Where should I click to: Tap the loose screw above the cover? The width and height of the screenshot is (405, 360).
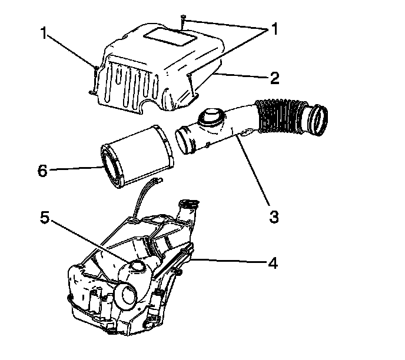[184, 21]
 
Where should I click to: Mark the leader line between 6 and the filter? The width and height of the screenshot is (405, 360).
[75, 169]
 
